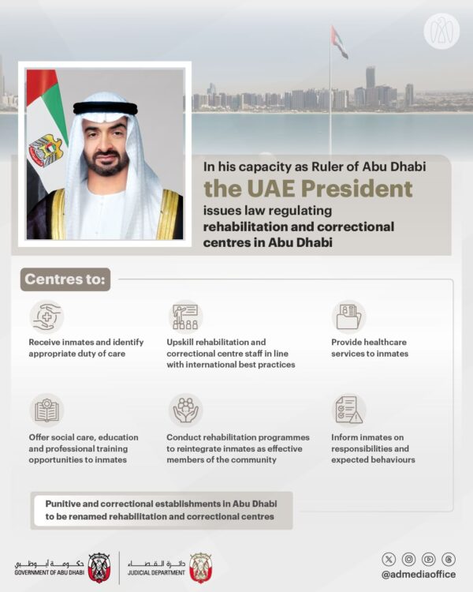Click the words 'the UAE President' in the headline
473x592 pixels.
308,189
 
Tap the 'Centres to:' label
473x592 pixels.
66,279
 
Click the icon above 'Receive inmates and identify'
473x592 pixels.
47,317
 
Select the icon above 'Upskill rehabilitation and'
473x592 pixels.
185,317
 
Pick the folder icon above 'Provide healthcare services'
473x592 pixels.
348,317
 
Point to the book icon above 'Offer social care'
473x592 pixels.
47,410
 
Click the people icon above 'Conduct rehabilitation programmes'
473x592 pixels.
185,410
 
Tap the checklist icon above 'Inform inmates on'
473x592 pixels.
348,410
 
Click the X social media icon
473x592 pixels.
388,559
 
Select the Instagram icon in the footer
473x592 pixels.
408,559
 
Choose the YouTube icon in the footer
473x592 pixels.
429,559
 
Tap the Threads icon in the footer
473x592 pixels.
449,559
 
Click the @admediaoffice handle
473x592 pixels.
418,575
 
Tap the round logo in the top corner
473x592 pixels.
441,32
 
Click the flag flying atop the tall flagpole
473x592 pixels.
339,42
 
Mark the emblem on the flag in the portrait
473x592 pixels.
45,150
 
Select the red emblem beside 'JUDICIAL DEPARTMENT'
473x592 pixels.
200,567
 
